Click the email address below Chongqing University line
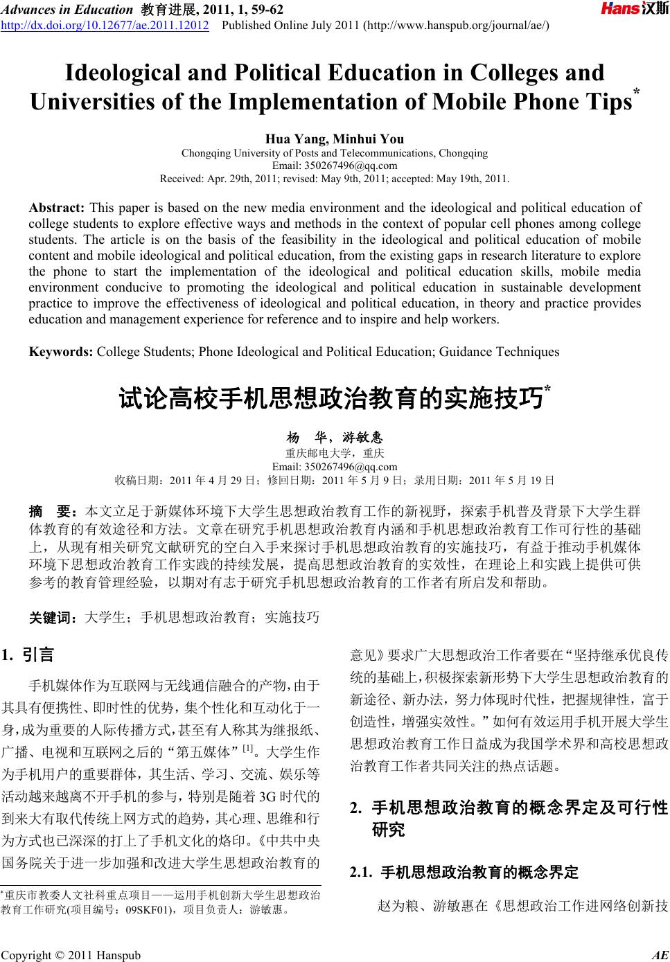tap(335, 166)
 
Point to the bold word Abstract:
tap(57, 207)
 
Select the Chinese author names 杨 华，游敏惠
tap(335, 438)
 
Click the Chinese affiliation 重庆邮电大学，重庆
tap(335, 454)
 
